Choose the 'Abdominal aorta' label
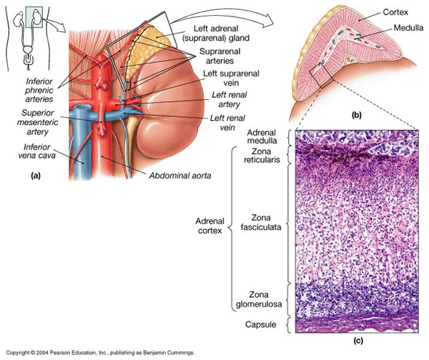[180, 174]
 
